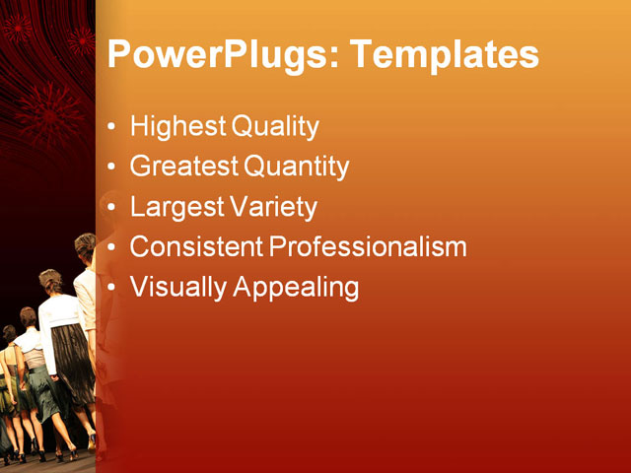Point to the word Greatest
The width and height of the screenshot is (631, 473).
click(184, 167)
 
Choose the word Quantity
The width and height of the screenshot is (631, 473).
click(296, 168)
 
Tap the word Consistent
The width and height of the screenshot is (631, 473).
click(196, 246)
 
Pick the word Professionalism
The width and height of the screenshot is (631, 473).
click(368, 246)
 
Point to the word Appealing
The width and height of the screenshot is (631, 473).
click(295, 288)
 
